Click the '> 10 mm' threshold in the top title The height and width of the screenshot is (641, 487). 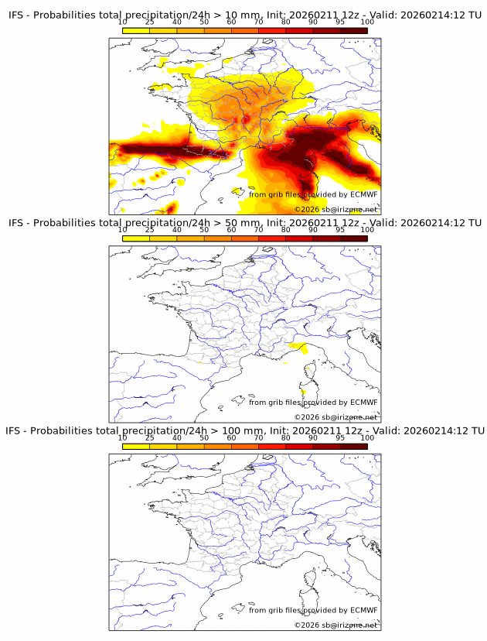(238, 15)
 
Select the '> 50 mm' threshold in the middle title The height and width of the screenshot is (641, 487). (238, 223)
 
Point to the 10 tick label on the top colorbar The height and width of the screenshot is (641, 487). (123, 22)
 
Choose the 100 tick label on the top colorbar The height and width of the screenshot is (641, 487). (367, 22)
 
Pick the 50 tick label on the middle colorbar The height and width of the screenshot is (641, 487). (204, 230)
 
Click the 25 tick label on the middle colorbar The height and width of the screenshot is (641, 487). (150, 230)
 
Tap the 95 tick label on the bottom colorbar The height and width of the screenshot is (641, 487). (340, 437)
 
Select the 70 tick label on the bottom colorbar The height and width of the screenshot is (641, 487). (258, 437)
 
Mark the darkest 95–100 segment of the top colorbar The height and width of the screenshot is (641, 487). (353, 30)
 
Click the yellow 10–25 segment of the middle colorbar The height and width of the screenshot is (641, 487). (136, 238)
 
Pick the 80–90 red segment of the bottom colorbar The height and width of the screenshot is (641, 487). (299, 446)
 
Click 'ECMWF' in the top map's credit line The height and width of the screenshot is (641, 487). (363, 195)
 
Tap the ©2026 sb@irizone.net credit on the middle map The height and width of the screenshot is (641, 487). (335, 417)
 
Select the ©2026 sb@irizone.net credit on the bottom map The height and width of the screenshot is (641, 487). (335, 625)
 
